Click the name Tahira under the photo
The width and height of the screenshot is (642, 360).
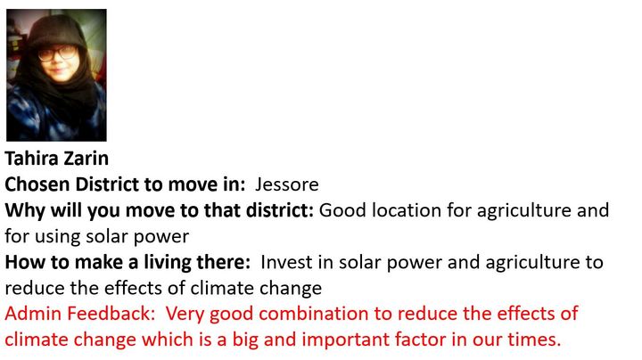[x=31, y=159]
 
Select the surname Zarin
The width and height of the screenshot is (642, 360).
[x=86, y=159]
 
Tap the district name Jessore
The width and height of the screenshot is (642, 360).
[x=286, y=184]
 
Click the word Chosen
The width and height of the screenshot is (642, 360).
[x=37, y=184]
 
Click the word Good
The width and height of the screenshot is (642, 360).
[x=342, y=210]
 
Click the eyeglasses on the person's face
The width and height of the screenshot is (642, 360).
[x=58, y=53]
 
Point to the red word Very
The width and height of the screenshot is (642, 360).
[x=185, y=315]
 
